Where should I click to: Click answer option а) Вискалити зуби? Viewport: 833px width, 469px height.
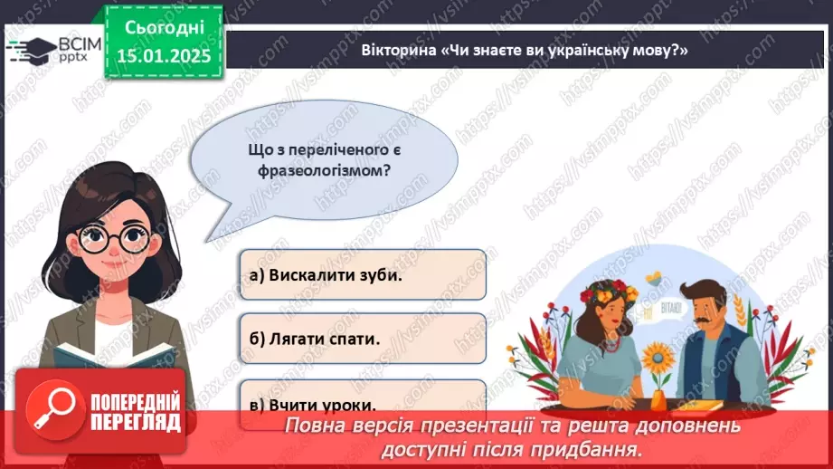362,274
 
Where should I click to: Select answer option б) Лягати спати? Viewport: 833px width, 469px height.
362,339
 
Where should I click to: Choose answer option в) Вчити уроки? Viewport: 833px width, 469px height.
362,405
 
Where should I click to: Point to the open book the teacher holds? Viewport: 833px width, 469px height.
109,355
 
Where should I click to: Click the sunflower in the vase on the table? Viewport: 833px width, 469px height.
658,351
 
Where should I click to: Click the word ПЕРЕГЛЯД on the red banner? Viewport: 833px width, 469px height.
136,422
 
